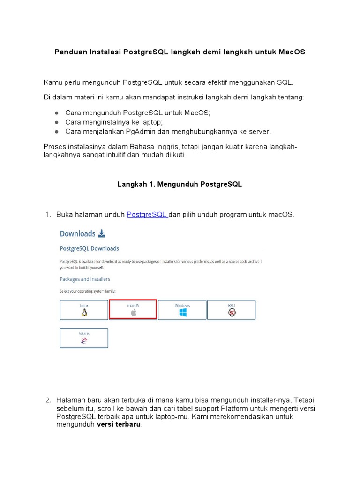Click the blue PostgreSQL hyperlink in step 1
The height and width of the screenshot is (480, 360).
147,215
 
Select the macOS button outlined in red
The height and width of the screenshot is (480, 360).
133,310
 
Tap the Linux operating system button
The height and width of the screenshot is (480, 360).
84,310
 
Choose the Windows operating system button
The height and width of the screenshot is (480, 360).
182,310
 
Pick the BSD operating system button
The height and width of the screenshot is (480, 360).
232,310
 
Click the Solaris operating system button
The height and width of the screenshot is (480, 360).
84,338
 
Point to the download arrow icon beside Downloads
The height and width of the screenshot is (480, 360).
102,233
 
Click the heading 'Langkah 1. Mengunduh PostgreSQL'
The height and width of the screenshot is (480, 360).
180,184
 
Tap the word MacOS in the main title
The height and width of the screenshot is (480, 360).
292,52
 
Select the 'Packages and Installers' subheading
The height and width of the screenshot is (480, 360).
85,279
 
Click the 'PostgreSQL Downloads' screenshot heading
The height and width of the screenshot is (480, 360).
90,248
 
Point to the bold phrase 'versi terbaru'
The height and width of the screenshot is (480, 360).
119,425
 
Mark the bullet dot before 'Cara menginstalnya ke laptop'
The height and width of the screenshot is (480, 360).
56,122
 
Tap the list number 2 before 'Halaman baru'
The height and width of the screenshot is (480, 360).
48,400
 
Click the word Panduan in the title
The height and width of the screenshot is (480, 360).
70,52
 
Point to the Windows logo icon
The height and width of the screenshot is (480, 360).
182,313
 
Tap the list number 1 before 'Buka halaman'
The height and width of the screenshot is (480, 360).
48,215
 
